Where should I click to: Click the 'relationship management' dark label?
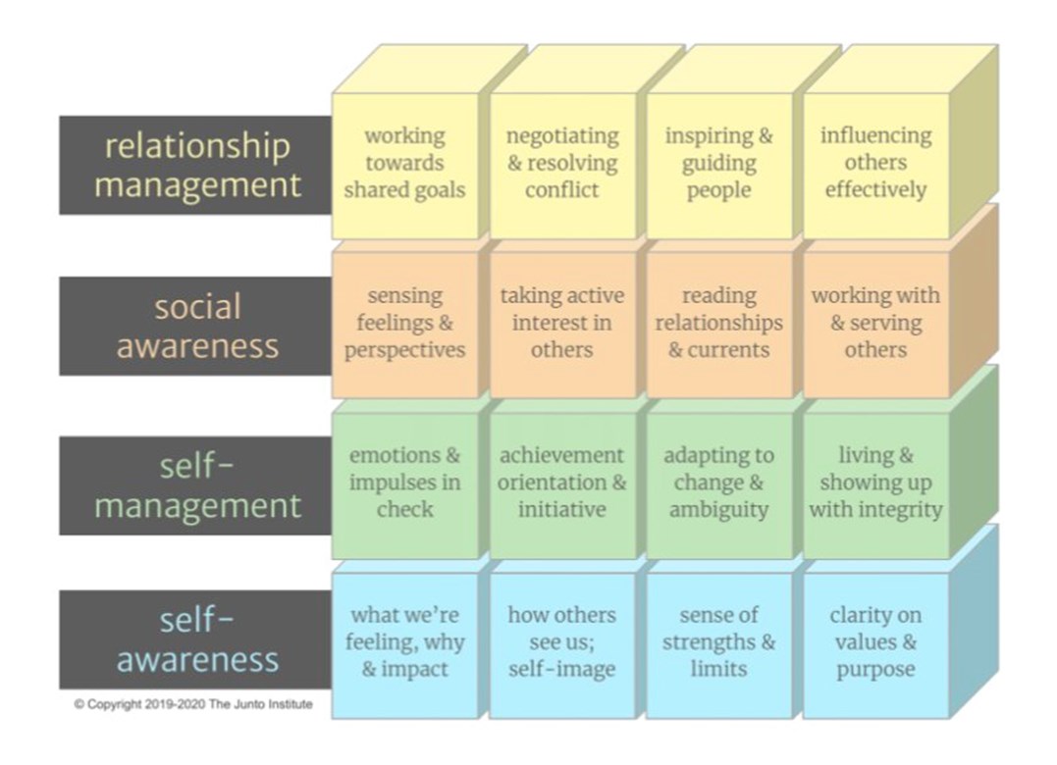(195, 165)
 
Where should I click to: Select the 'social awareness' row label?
(195, 326)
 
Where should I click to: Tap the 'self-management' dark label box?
(195, 485)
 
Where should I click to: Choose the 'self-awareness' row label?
(195, 639)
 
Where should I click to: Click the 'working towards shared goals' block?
(405, 166)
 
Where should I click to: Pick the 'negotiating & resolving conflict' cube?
(562, 166)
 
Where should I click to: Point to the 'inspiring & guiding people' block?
(719, 166)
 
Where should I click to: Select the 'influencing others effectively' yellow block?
(876, 166)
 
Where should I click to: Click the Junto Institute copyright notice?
(193, 704)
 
